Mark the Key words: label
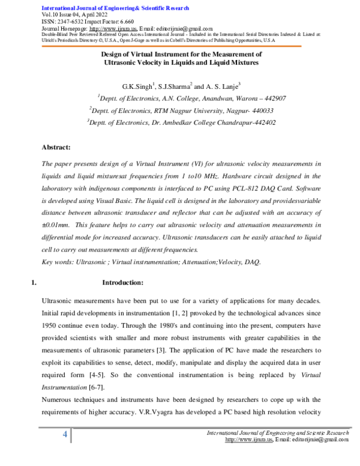click(58, 262)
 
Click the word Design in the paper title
click(112, 54)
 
